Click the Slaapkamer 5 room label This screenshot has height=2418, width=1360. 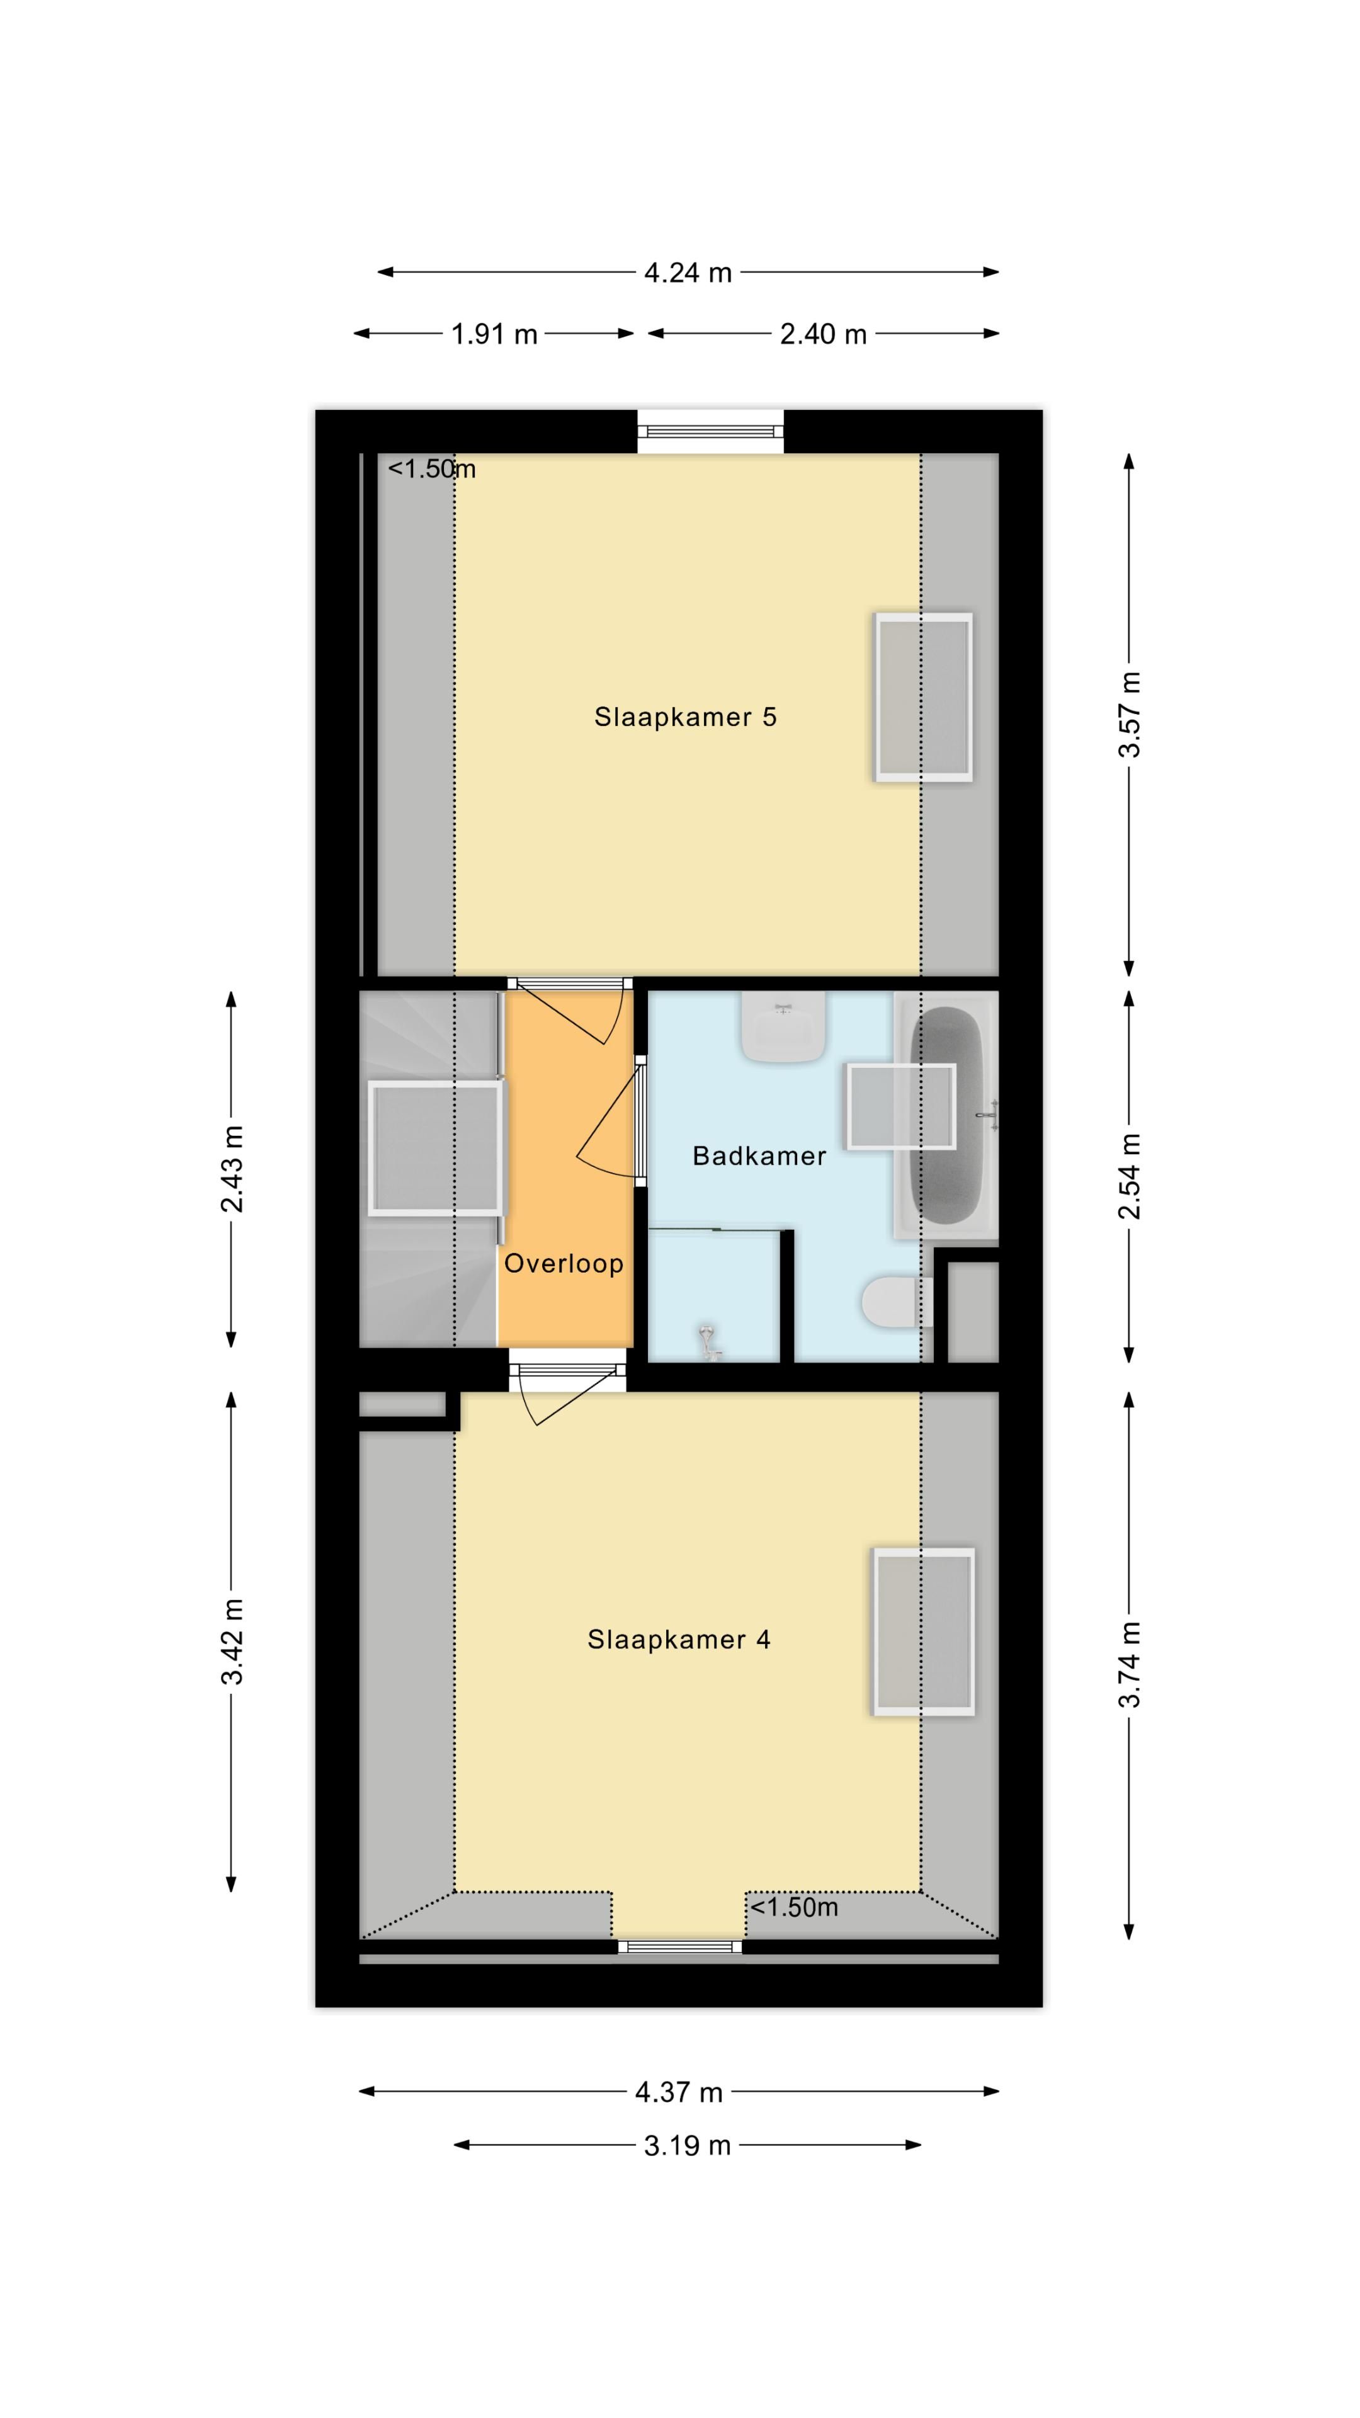pos(685,717)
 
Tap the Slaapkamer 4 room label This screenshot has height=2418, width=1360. pos(679,1640)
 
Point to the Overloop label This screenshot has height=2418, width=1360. pos(563,1263)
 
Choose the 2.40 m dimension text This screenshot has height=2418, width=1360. pos(823,334)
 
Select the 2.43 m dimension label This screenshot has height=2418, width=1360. pos(232,1169)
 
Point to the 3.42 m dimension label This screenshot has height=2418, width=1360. pos(232,1642)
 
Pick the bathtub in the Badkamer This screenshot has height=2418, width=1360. pos(946,1115)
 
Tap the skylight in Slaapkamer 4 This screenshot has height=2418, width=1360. pos(924,1632)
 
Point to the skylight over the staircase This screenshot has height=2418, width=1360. pos(436,1148)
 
